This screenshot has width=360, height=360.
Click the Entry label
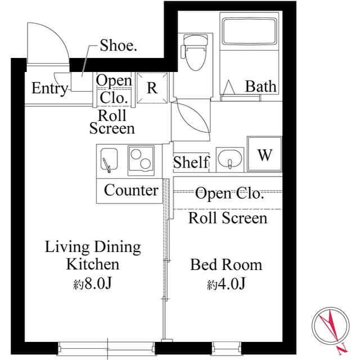point(49,88)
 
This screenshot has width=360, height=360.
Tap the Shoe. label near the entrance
point(118,46)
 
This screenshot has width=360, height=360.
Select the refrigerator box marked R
point(152,88)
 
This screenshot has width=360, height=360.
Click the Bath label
point(261,86)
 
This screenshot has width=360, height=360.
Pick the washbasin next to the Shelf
point(230,159)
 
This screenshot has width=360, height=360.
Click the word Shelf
point(191,163)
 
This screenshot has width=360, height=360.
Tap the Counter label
point(131,190)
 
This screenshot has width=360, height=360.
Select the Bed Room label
point(226,264)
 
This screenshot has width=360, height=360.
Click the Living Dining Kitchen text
point(93,255)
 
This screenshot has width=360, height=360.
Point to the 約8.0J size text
point(93,283)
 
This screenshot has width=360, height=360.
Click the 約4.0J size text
point(226,285)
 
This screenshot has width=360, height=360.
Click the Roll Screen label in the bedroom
point(227,218)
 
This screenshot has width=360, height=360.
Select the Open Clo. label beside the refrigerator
point(114,89)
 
